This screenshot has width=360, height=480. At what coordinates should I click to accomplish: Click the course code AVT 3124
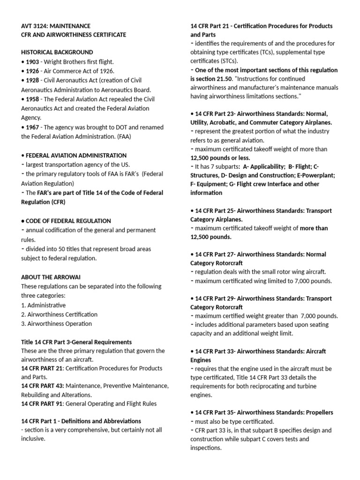click(x=36, y=26)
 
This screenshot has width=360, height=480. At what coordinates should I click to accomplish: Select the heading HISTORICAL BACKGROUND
click(x=57, y=52)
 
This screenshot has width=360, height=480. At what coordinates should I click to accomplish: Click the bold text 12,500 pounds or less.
click(x=220, y=158)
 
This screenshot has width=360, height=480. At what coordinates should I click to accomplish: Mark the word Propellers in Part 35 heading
click(x=316, y=412)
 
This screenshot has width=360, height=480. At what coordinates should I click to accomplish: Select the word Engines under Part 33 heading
click(x=201, y=360)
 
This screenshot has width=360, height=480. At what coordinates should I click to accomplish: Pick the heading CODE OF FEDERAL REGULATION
click(x=68, y=221)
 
